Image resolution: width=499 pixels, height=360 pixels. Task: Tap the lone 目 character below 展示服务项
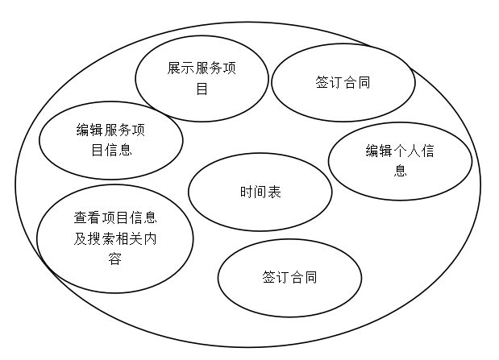coord(202,89)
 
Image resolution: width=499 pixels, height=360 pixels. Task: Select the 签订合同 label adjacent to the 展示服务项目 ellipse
coord(343,83)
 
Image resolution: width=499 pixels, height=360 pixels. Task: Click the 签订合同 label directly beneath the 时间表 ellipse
coord(289,277)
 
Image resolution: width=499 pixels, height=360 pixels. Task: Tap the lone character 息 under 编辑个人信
coord(400,172)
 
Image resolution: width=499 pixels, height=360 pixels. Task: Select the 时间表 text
coord(260,192)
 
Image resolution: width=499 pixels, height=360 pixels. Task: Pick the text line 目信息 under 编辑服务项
coord(110,150)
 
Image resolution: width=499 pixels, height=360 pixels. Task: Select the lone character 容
coord(114,259)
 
